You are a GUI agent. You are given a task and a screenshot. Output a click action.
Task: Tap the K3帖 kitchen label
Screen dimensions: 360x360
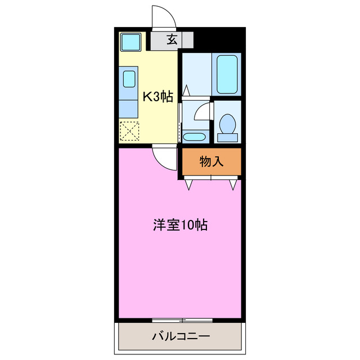pyautogui.click(x=157, y=97)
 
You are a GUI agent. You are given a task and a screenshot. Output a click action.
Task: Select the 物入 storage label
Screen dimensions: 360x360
pyautogui.click(x=211, y=162)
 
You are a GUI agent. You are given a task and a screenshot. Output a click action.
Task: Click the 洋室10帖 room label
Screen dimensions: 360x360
pyautogui.click(x=180, y=226)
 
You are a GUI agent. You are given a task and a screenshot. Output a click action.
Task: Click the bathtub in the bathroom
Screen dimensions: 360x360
pyautogui.click(x=228, y=74)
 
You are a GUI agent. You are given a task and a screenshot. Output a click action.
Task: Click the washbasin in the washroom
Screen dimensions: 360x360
pyautogui.click(x=194, y=136)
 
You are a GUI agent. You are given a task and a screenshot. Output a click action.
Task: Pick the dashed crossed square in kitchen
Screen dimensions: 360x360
pyautogui.click(x=129, y=132)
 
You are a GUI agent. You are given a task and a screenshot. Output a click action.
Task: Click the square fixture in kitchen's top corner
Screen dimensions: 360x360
pyautogui.click(x=132, y=42)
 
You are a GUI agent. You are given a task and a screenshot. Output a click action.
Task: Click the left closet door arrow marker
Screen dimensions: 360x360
pyautogui.click(x=189, y=184)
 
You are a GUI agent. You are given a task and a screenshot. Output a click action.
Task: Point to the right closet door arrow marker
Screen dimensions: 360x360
pyautogui.click(x=232, y=184)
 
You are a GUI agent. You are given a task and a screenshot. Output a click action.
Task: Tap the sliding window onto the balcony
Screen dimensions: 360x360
pyautogui.click(x=182, y=320)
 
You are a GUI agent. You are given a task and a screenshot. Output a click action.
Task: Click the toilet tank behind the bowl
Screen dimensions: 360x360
pyautogui.click(x=228, y=136)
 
